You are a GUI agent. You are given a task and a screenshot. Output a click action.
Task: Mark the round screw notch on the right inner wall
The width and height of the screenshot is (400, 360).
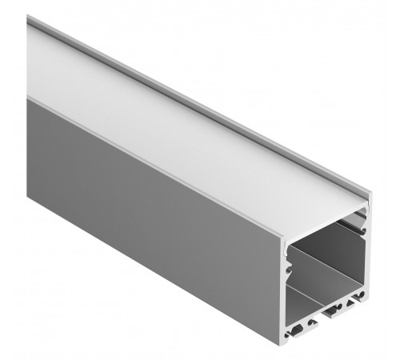tap(364, 233)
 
